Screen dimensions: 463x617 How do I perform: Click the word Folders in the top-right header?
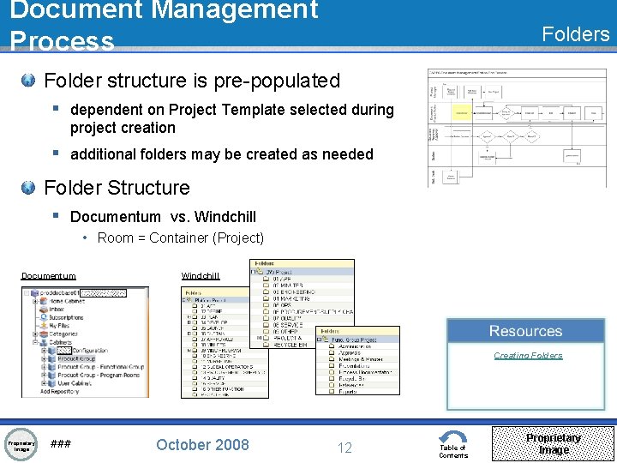(x=576, y=33)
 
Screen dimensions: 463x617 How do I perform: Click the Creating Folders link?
(x=528, y=355)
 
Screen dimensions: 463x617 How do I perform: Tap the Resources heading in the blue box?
(x=525, y=331)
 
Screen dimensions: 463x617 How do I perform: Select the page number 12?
(x=344, y=447)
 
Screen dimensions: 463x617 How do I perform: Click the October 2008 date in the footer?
(x=202, y=444)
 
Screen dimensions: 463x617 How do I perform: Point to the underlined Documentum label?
(x=48, y=276)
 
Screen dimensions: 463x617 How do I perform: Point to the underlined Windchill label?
(x=201, y=276)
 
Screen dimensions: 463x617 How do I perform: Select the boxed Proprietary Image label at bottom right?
(x=553, y=443)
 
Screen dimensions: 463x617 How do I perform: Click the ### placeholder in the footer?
(x=61, y=444)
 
